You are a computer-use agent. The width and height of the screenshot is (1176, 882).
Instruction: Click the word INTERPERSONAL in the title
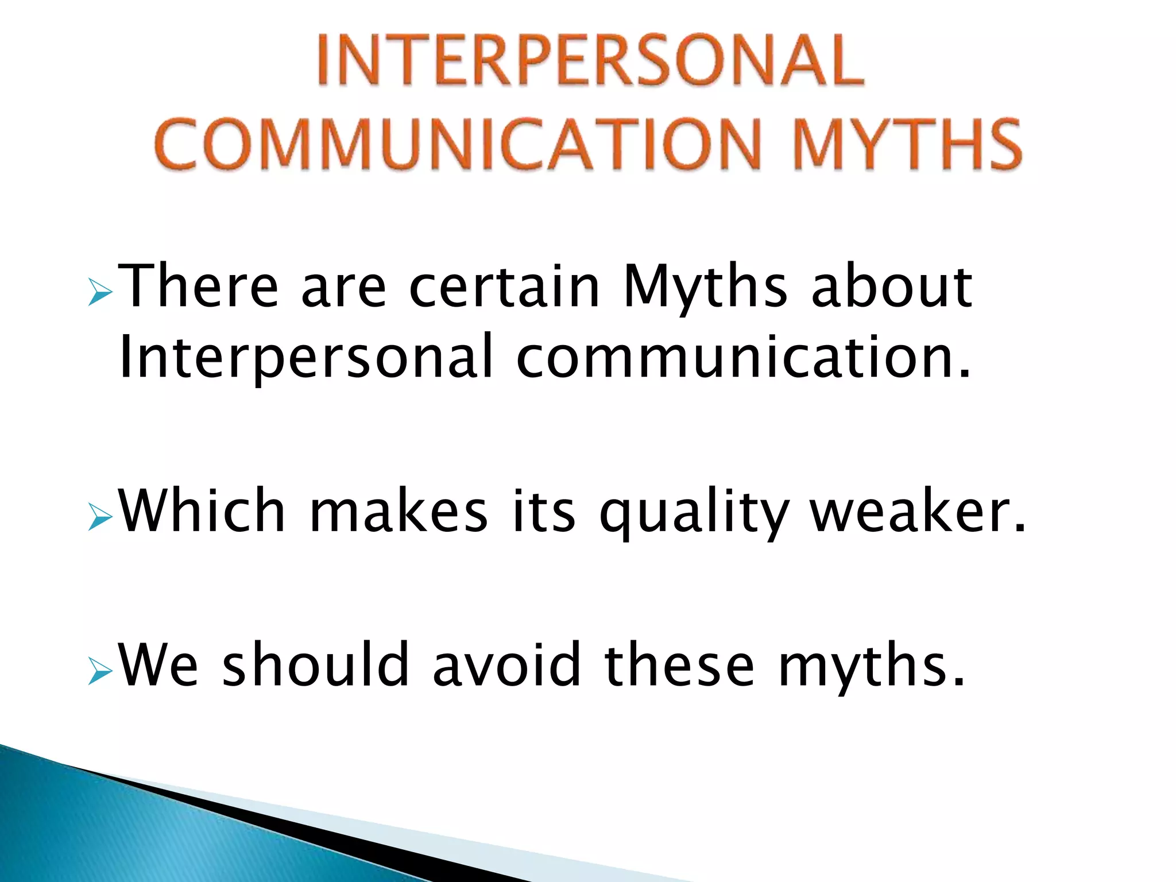[590, 60]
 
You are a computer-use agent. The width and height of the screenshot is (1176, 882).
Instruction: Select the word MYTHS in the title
[908, 144]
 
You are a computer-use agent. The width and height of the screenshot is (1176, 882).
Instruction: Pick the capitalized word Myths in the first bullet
[705, 287]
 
